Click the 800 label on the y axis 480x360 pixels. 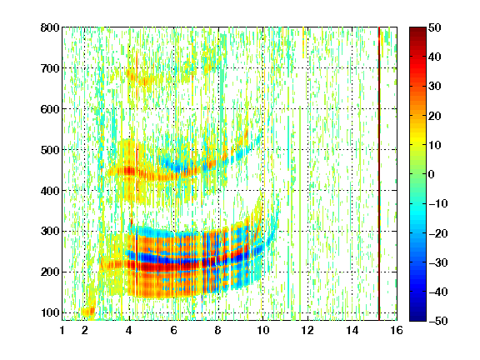click(x=50, y=27)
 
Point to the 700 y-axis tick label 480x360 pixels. click(x=50, y=68)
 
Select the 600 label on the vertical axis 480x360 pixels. click(x=50, y=109)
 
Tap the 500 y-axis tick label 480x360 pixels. click(x=50, y=150)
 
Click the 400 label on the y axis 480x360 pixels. click(x=50, y=191)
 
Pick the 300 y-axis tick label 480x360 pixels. click(x=50, y=232)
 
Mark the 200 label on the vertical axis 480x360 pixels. click(x=50, y=272)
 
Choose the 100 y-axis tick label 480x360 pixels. click(x=50, y=312)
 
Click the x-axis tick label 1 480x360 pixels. click(x=62, y=330)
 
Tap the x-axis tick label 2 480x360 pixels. click(x=85, y=330)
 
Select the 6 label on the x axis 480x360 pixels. click(x=174, y=330)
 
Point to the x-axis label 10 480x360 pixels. click(x=262, y=330)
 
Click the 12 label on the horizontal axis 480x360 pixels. click(x=307, y=330)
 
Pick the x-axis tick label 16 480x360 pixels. click(x=397, y=330)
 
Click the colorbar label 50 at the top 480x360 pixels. click(x=435, y=27)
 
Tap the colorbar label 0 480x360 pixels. click(x=432, y=174)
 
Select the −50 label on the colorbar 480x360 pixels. click(x=438, y=321)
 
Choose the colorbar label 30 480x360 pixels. click(x=435, y=87)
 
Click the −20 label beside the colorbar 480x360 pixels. click(x=438, y=233)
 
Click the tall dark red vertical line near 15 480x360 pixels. click(x=379, y=173)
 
